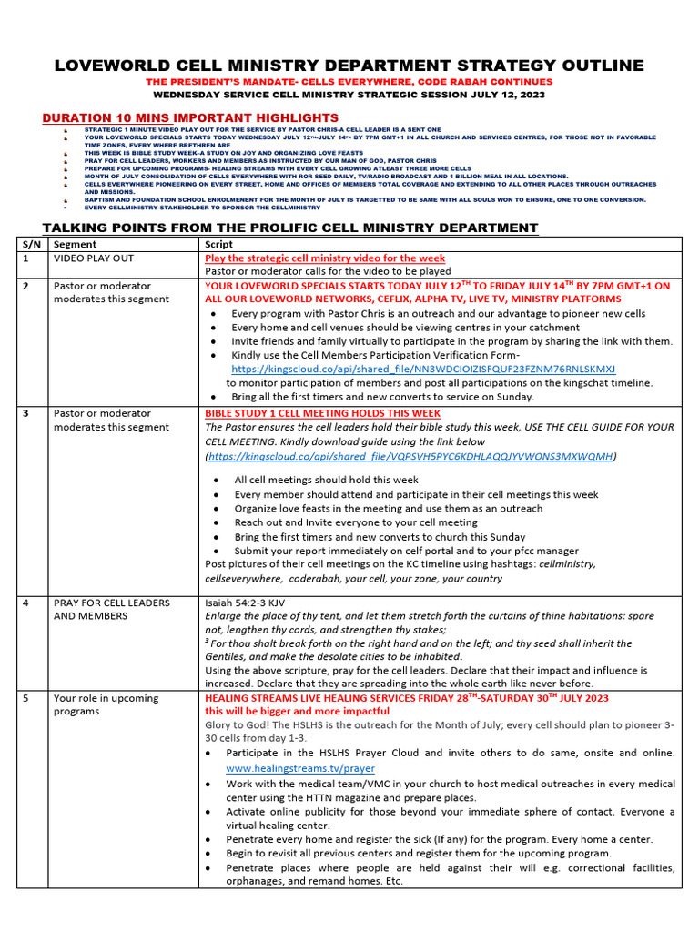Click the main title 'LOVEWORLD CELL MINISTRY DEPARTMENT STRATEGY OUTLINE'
click(x=349, y=66)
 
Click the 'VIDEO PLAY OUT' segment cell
click(x=94, y=258)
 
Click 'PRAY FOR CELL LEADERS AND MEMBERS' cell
click(x=112, y=609)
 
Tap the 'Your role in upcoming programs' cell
click(x=106, y=704)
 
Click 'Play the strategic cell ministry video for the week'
click(x=325, y=258)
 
